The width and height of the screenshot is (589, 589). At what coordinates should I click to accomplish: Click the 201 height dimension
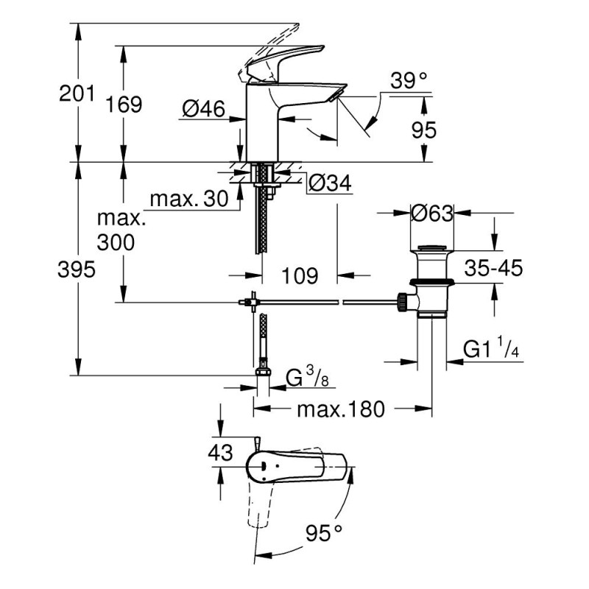click(77, 94)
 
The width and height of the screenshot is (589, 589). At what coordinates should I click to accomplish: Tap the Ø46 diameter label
click(202, 110)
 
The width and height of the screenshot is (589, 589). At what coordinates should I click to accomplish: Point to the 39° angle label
click(409, 82)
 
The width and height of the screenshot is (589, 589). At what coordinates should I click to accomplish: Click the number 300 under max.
click(116, 242)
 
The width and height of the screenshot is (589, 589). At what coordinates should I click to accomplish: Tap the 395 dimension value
click(77, 270)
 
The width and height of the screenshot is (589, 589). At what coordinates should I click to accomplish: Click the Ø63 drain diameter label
click(431, 214)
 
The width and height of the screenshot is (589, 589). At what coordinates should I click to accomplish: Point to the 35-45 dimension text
click(493, 269)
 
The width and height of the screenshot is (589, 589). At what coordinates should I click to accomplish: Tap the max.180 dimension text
click(341, 409)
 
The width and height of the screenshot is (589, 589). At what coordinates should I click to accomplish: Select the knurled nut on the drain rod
click(402, 301)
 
